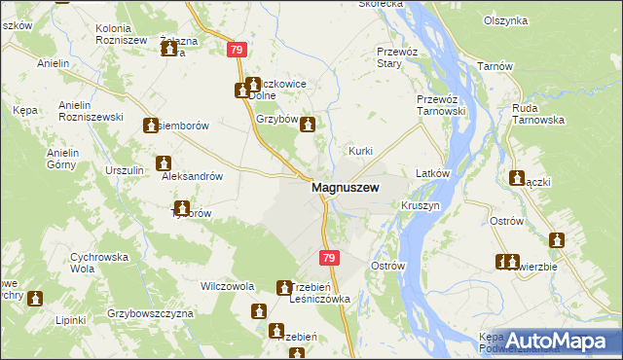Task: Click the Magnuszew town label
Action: [345, 188]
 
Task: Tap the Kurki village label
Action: [361, 152]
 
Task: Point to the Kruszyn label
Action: [421, 206]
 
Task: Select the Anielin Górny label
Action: [60, 158]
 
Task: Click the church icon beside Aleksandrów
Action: [163, 163]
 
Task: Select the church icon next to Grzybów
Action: [309, 125]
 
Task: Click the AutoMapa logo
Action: [550, 341]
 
